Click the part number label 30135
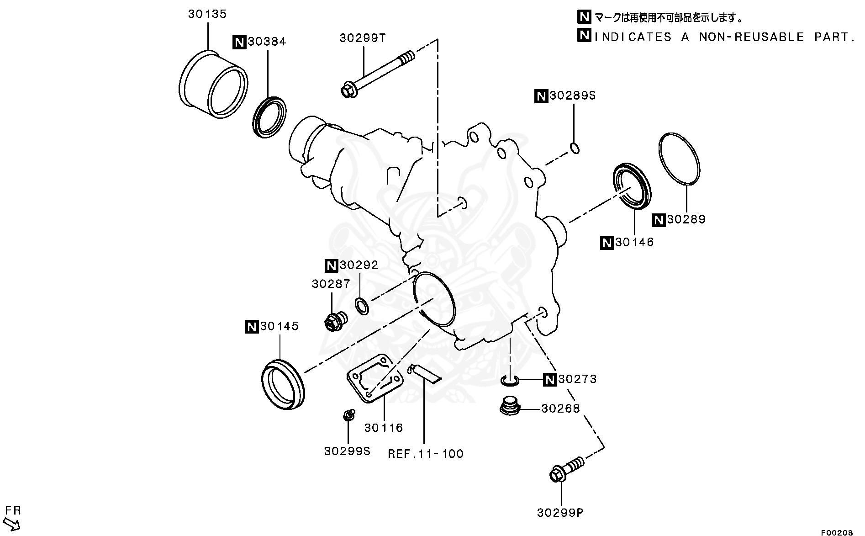(207, 14)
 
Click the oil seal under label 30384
(269, 117)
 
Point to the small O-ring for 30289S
(575, 148)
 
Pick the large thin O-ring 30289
(679, 159)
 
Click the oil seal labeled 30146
(632, 185)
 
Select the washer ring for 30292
(362, 306)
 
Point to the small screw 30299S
(349, 415)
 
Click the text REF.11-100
(426, 454)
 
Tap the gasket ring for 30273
(509, 380)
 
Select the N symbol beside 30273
(549, 379)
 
